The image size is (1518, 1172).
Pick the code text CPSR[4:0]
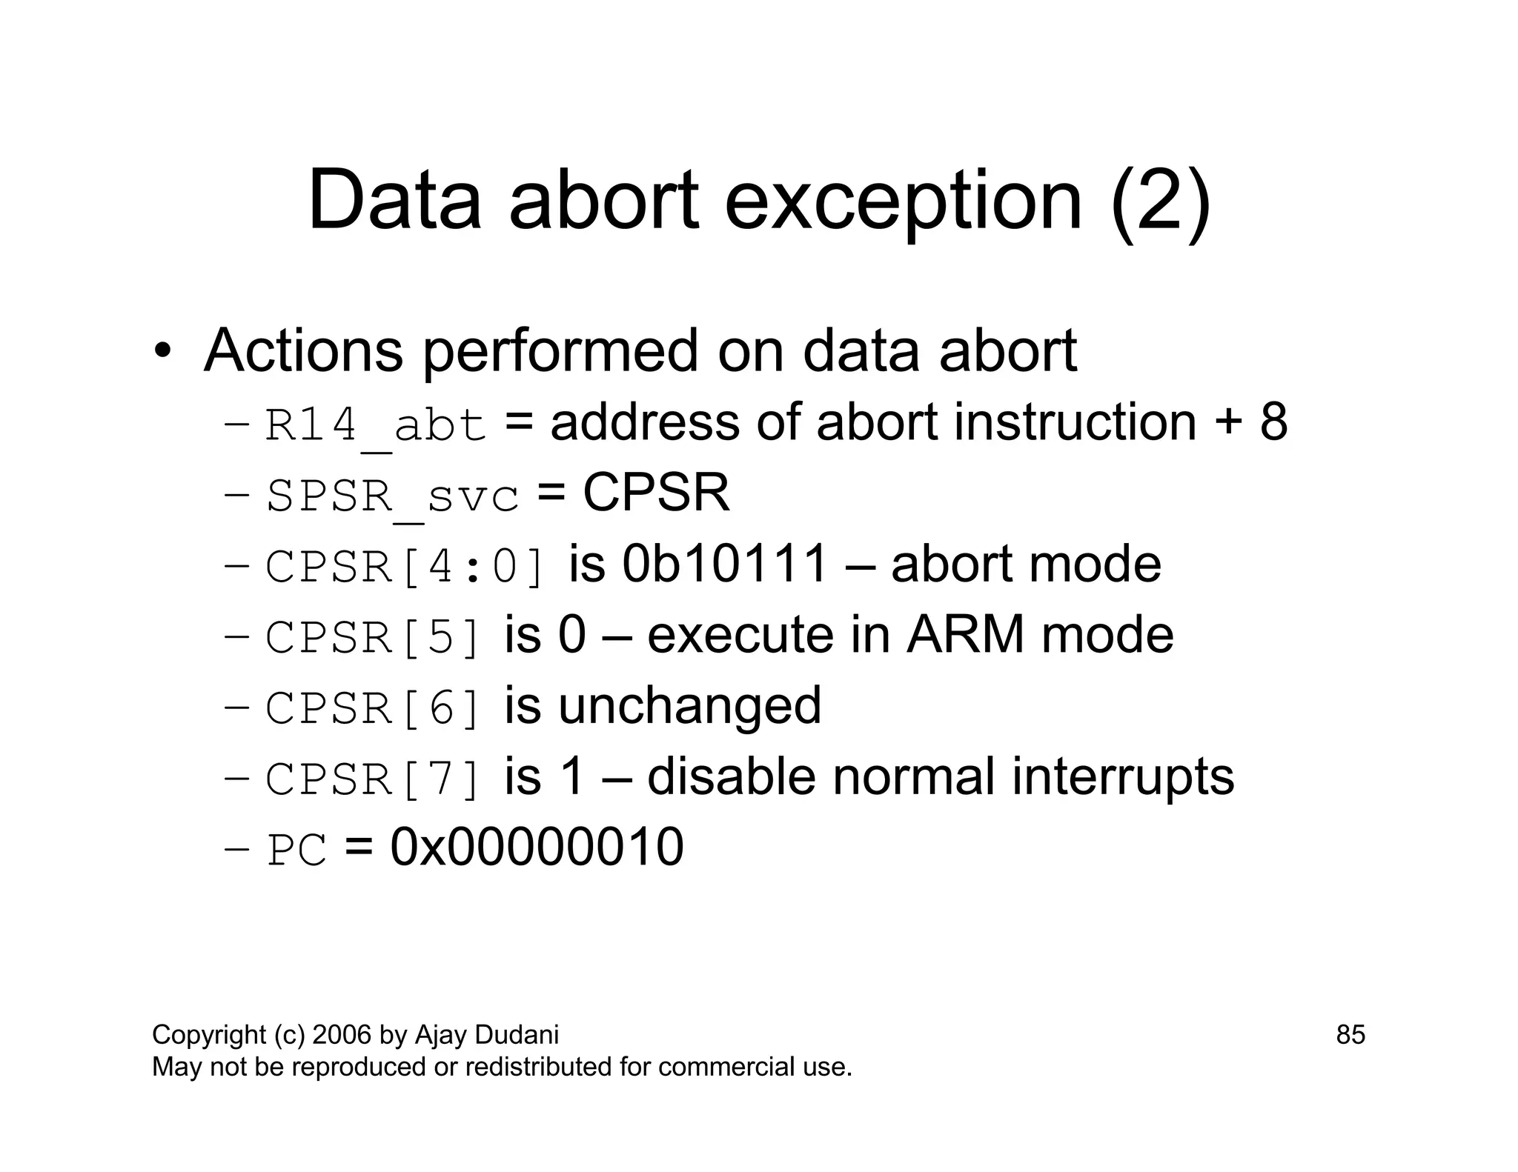click(406, 567)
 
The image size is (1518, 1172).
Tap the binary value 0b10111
click(724, 565)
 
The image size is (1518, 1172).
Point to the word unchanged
click(689, 706)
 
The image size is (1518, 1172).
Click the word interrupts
click(1123, 777)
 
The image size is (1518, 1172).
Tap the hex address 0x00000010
click(537, 848)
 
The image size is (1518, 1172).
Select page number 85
click(1350, 1035)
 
